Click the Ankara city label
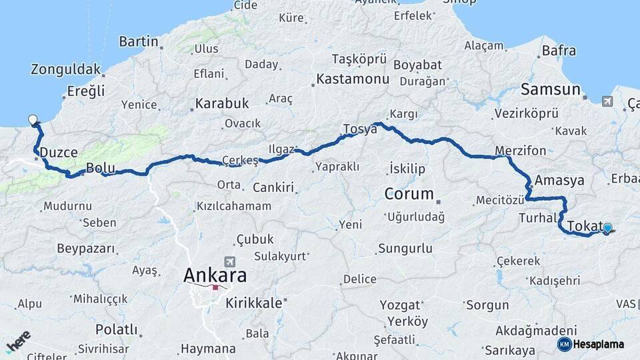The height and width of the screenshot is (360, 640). tap(215, 275)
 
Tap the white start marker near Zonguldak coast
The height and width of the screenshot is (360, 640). tap(33, 120)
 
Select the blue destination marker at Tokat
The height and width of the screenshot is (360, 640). tap(607, 228)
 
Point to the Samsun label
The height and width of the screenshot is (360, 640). tap(550, 89)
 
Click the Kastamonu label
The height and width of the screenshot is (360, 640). tap(352, 79)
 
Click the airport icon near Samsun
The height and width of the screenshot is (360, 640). tap(607, 101)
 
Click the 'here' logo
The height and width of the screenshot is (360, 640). tap(18, 340)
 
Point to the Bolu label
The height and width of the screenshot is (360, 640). tap(101, 168)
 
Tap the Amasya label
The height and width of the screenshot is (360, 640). tap(559, 180)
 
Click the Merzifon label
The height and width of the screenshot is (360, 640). tap(520, 150)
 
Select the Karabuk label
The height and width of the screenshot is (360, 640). tap(221, 103)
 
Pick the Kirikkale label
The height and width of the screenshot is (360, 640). tap(253, 303)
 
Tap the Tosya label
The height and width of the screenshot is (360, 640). tap(360, 129)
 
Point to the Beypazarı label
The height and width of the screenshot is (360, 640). tap(86, 249)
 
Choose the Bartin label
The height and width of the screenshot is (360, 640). tap(139, 41)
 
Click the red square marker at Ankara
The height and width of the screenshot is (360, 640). tap(215, 287)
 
